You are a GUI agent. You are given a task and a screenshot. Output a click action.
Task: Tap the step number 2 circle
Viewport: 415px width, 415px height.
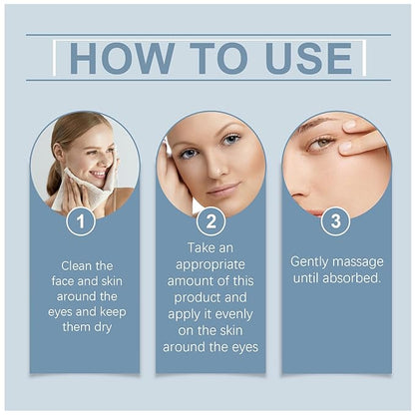click(210, 219)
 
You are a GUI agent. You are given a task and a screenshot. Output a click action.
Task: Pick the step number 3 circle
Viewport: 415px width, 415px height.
click(335, 219)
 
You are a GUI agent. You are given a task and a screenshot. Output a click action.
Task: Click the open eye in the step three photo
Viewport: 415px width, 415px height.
click(318, 143)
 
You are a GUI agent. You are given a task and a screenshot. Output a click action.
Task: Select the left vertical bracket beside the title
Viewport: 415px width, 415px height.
click(53, 58)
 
